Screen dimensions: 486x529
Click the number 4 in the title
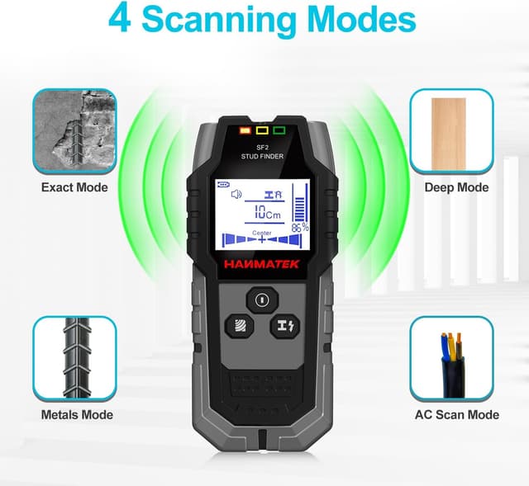pyautogui.click(x=121, y=21)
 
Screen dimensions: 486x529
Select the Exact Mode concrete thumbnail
pyautogui.click(x=74, y=131)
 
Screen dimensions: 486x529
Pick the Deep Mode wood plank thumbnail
pyautogui.click(x=451, y=131)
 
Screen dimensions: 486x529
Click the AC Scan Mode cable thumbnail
pyautogui.click(x=451, y=358)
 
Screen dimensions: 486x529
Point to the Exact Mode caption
pyautogui.click(x=74, y=187)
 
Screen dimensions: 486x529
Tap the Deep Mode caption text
pyautogui.click(x=456, y=187)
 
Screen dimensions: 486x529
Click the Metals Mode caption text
pyautogui.click(x=77, y=414)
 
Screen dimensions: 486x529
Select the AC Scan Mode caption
pyautogui.click(x=456, y=414)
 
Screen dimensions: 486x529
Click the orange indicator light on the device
pyautogui.click(x=244, y=130)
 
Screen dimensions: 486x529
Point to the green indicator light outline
pyautogui.click(x=279, y=130)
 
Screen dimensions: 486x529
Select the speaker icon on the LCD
pyautogui.click(x=236, y=194)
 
